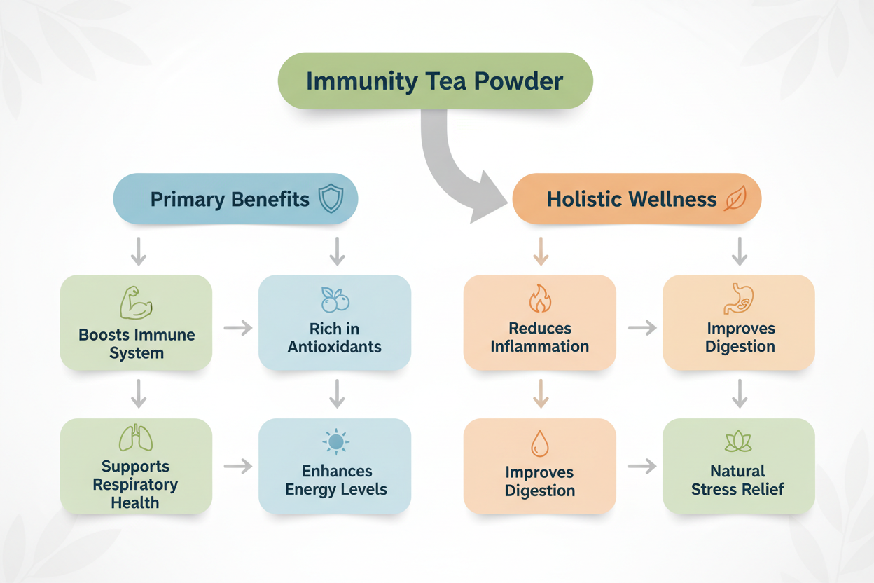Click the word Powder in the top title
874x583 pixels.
coord(518,81)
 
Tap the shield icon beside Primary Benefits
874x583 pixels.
coord(331,198)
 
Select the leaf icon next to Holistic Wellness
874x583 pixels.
coord(735,198)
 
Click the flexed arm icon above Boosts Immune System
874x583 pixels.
coord(135,303)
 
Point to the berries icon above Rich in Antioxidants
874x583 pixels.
coord(335,299)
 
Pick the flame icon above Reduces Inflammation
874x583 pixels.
coord(540,299)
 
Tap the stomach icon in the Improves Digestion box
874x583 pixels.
coord(738,299)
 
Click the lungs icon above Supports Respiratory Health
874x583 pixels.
coord(136,437)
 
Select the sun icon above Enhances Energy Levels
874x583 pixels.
coord(335,442)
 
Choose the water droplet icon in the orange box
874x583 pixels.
coord(540,444)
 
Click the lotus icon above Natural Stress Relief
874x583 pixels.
coord(738,441)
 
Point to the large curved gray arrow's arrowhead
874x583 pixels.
coord(487,198)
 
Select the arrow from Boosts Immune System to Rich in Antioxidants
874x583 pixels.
coord(238,328)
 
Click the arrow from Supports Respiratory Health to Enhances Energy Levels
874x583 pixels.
coord(238,466)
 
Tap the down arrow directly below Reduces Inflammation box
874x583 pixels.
coord(541,394)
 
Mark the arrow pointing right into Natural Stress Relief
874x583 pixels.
coord(642,466)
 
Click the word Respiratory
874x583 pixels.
coord(135,485)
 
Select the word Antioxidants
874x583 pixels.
coord(334,347)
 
